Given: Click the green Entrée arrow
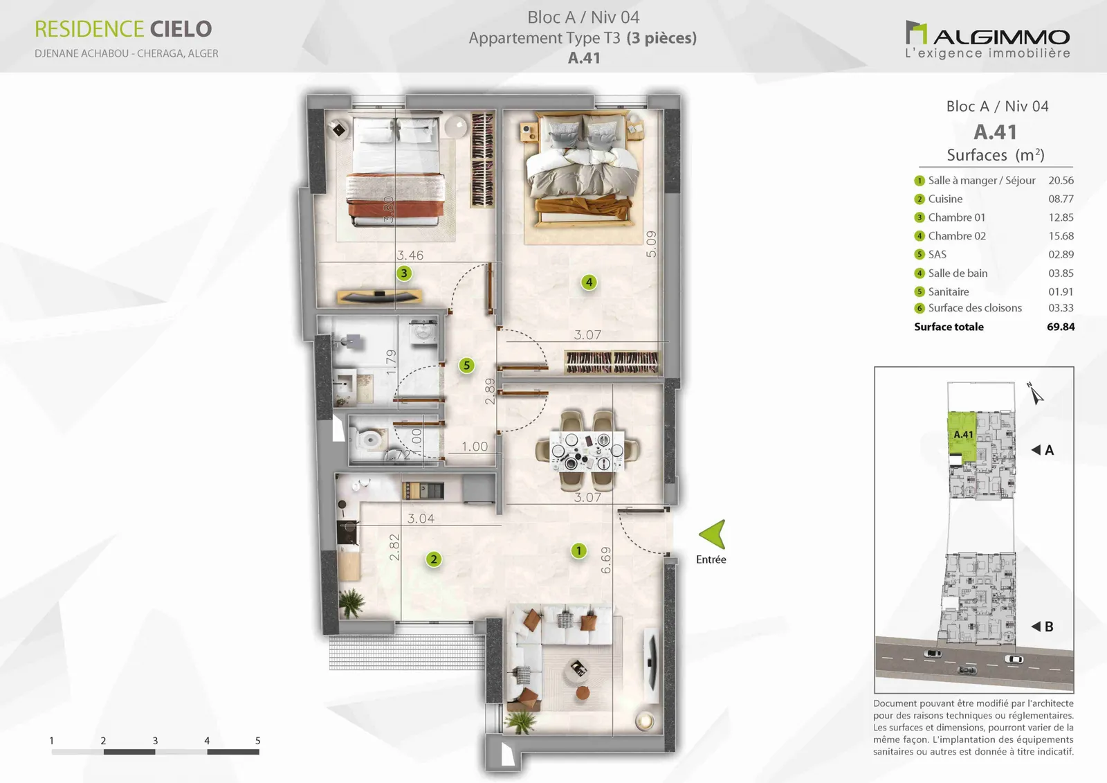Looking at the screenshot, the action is coord(714,534).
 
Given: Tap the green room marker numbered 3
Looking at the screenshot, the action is coord(404,273).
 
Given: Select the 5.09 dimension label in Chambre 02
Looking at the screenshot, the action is coord(651,244).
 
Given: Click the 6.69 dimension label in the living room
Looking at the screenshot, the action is coord(606,560).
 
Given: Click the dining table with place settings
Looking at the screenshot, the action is coord(587,451).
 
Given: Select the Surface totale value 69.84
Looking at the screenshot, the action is coord(1061,327).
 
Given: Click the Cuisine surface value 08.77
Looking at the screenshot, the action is coord(1061,199).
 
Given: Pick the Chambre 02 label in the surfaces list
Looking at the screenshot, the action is coord(957,236).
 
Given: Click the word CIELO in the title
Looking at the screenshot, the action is coord(181,29).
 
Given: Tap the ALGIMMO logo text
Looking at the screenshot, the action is coord(1001,37).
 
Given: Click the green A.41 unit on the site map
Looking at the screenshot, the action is coord(962,436).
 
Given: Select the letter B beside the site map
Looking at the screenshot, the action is coord(1049,627).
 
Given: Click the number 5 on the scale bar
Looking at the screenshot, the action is coord(257,741).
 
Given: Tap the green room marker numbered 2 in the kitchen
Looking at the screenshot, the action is coord(433,559).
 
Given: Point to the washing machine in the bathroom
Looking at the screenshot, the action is coord(423,332).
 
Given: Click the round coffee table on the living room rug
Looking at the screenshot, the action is coord(578,669).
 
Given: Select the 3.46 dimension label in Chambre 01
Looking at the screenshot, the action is coord(410,255).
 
